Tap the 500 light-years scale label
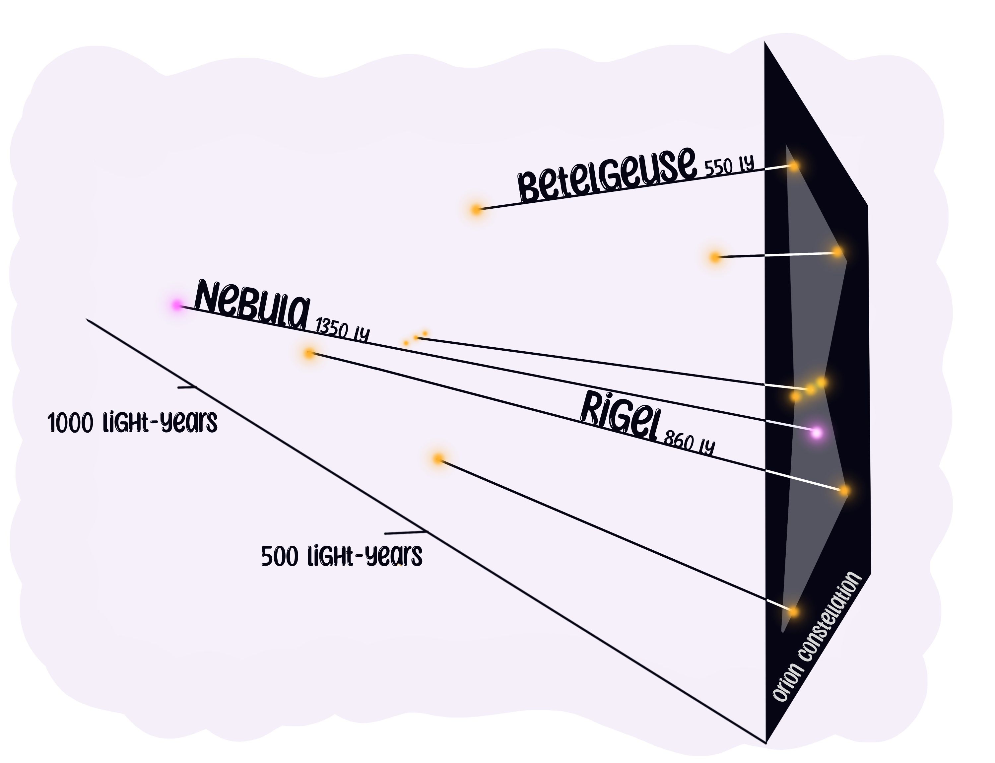(x=342, y=556)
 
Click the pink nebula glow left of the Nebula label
(x=176, y=305)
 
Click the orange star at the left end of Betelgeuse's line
(x=476, y=210)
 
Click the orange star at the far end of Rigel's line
(x=309, y=353)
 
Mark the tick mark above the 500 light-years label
(x=405, y=531)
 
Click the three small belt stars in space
(x=416, y=338)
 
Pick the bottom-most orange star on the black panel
(x=793, y=611)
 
